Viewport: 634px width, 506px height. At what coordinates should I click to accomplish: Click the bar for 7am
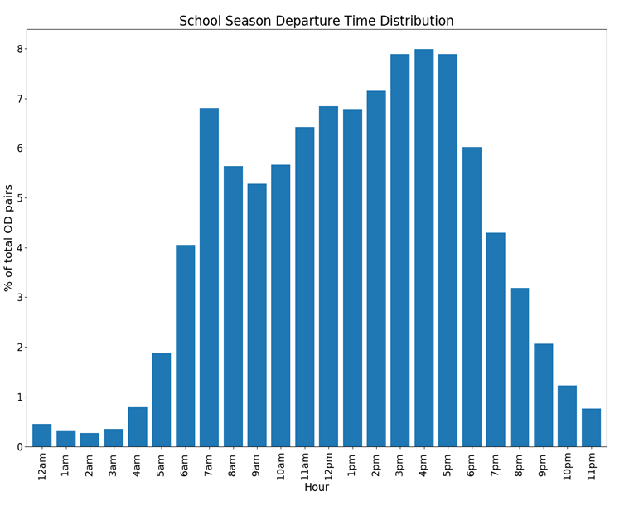click(209, 277)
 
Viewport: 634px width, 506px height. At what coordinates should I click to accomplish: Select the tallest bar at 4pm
click(423, 248)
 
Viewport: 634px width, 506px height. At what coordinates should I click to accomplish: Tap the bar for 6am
click(185, 346)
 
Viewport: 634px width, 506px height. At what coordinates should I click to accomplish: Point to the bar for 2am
click(90, 440)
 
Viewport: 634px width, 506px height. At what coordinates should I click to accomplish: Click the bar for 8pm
click(519, 367)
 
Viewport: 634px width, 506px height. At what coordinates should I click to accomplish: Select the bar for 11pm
click(591, 428)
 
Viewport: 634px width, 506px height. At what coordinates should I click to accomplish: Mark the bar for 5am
click(161, 400)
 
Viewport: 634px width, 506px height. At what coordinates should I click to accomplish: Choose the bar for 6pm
click(472, 297)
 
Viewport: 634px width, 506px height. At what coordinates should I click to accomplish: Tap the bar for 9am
click(257, 315)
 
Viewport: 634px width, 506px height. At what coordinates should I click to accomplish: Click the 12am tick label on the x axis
click(42, 465)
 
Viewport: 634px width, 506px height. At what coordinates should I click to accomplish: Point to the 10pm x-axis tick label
click(567, 465)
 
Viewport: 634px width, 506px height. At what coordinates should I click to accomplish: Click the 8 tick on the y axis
click(19, 49)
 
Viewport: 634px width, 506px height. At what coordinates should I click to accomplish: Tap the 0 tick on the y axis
click(19, 447)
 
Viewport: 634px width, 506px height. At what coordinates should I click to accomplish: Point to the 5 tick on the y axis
click(19, 198)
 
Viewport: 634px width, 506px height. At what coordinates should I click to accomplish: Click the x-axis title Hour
click(316, 488)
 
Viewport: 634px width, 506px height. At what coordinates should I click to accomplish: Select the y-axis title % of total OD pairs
click(9, 238)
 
